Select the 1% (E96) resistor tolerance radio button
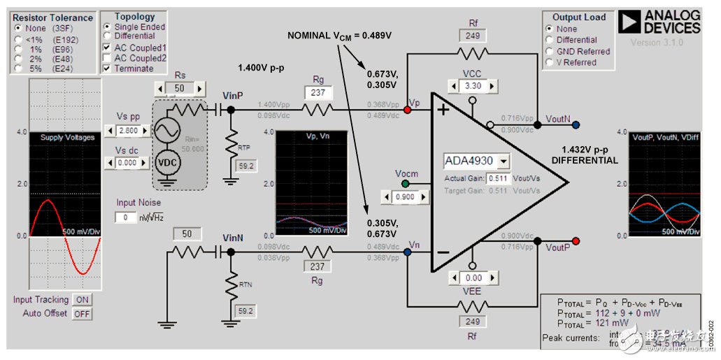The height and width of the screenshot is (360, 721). coord(17,50)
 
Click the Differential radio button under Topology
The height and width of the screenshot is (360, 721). coord(107,36)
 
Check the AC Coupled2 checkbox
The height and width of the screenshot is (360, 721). coord(107,57)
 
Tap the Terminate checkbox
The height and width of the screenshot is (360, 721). coord(107,69)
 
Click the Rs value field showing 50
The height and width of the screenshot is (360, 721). coord(180,89)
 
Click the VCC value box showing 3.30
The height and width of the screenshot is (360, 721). coord(473,86)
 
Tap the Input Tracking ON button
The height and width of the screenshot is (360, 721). coord(82,299)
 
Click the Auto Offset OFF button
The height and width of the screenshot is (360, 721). coord(82,313)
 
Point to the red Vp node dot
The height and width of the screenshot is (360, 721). coord(408,110)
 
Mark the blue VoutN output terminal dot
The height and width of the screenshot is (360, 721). coord(576,125)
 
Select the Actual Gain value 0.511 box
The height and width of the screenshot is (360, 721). coord(496,179)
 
